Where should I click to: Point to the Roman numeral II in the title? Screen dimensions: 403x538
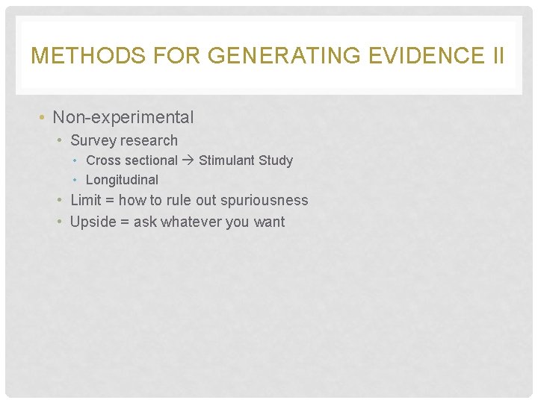[x=497, y=56]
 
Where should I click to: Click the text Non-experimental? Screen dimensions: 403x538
[x=123, y=117]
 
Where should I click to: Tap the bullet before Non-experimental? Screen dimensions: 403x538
[x=43, y=118]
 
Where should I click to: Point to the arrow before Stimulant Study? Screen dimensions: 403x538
[x=188, y=160]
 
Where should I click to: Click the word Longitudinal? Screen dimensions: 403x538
[x=122, y=180]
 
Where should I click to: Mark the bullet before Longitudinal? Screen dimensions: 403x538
[x=77, y=180]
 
